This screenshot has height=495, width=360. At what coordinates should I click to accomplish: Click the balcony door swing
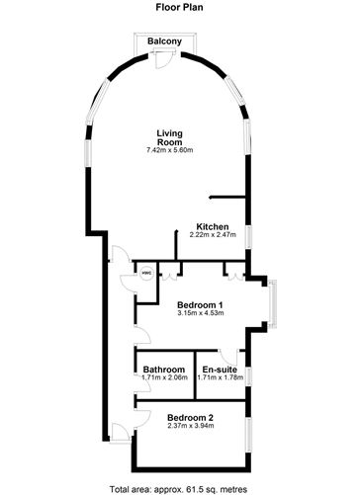[169, 60]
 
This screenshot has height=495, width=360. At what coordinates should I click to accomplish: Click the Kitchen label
[213, 226]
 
